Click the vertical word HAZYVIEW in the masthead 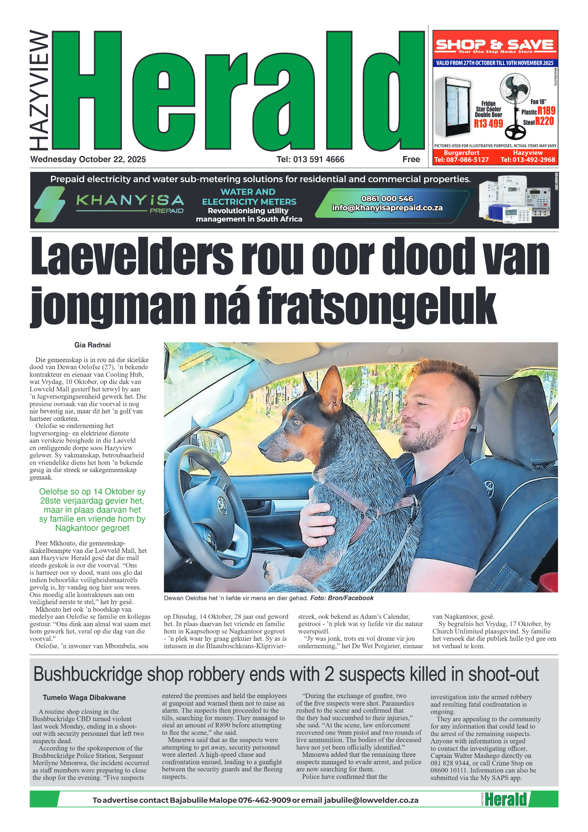[39, 90]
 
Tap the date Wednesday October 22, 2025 [88, 159]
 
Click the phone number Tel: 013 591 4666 [310, 159]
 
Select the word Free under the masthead [411, 159]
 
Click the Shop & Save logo [494, 46]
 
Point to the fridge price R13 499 [488, 124]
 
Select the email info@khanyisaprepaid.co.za [387, 208]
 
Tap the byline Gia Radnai [92, 345]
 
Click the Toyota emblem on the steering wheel [222, 502]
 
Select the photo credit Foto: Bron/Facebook [342, 598]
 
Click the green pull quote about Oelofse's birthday [92, 510]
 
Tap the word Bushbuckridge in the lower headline [88, 675]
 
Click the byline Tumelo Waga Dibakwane [84, 697]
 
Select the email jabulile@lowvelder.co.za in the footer [371, 800]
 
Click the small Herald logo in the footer [505, 799]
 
